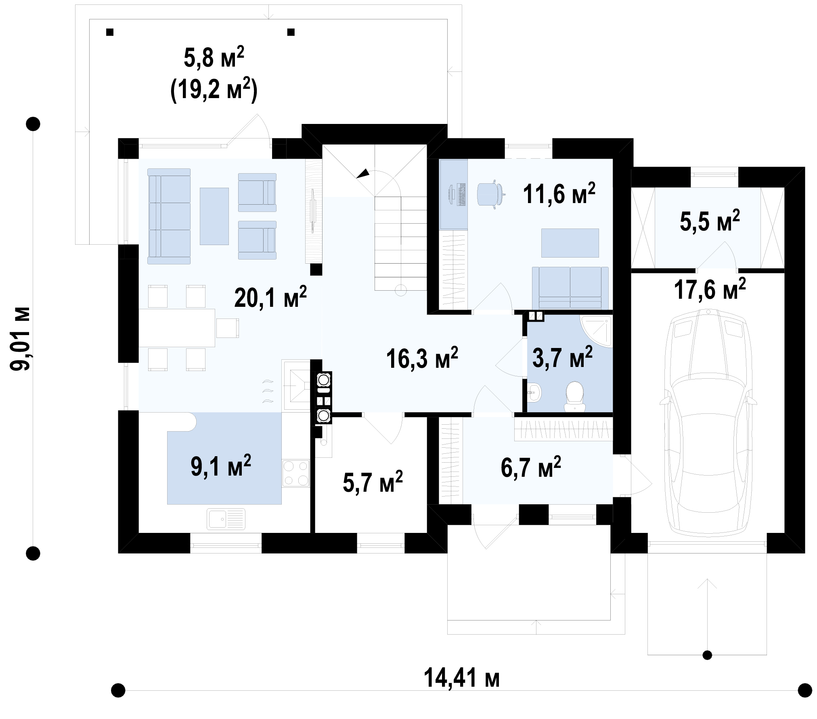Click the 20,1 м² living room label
coord(270,297)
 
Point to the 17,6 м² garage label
coord(710,289)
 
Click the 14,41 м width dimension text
coord(462,679)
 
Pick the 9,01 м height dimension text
coord(20,339)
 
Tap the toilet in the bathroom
coord(575,397)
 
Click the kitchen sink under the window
coord(226,518)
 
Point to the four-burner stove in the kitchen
coord(295,473)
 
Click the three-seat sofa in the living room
coord(169,216)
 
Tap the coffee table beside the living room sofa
coord(214,216)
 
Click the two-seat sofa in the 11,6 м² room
coord(570,288)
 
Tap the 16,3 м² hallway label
coord(422,358)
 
